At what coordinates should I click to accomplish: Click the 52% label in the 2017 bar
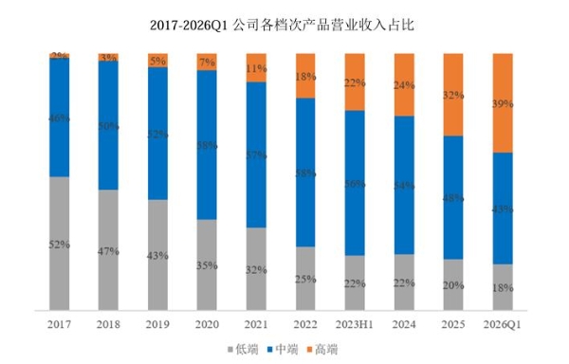60,245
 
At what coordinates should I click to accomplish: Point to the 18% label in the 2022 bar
306,76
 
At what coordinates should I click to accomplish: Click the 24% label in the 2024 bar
405,84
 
